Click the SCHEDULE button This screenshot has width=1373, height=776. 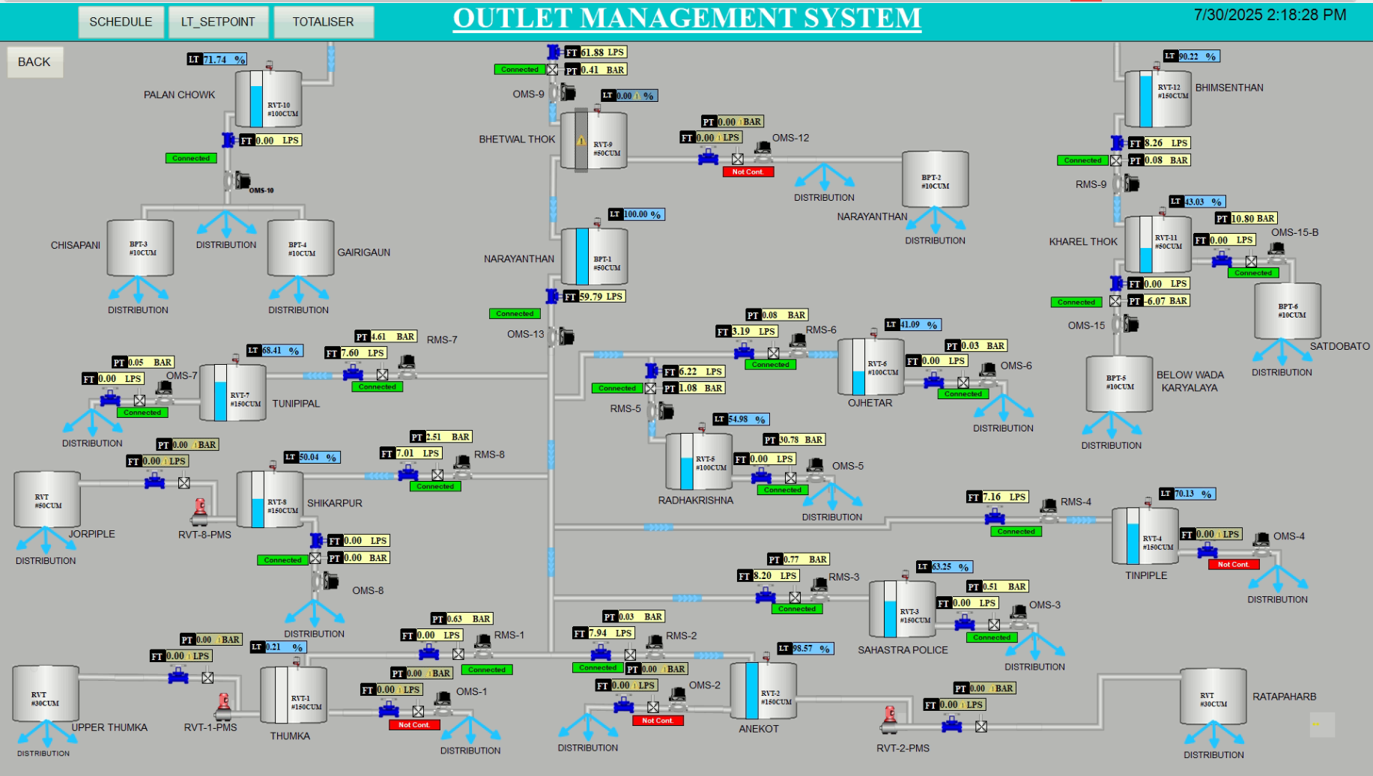(121, 22)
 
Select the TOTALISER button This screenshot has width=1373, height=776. (323, 22)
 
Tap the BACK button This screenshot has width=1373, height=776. (34, 62)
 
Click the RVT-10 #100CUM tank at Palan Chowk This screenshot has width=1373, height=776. (269, 100)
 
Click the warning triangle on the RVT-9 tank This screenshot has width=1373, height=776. (581, 140)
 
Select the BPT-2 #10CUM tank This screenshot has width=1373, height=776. (935, 180)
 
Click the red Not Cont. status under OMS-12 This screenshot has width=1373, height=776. (748, 172)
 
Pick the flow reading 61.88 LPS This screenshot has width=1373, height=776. (602, 52)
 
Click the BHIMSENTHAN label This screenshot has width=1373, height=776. (1228, 88)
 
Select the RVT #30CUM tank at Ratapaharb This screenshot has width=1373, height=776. (1213, 697)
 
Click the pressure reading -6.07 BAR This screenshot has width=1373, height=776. (1166, 301)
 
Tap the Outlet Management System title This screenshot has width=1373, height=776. (687, 18)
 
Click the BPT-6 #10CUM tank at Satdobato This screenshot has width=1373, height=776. (1288, 311)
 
